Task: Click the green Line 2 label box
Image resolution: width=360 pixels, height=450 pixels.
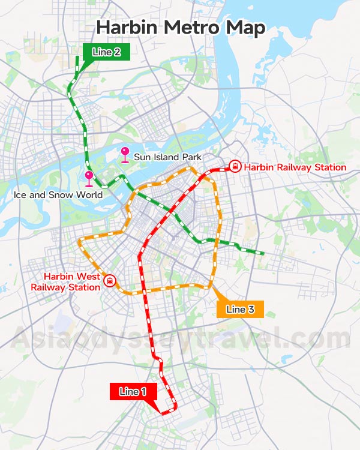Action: [x=106, y=52]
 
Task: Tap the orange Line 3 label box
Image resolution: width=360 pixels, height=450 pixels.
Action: [x=240, y=309]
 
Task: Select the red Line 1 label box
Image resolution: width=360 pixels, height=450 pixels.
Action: [x=133, y=392]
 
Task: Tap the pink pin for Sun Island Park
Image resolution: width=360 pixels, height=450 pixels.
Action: [x=125, y=154]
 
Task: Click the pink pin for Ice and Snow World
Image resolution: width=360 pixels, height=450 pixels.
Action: [x=89, y=178]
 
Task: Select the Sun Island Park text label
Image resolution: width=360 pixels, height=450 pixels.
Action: [x=167, y=157]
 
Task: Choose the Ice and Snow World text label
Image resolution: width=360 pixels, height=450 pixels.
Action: [x=58, y=195]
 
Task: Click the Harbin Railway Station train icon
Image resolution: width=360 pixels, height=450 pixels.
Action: [x=235, y=167]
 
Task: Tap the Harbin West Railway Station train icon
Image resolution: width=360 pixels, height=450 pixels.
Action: [x=110, y=280]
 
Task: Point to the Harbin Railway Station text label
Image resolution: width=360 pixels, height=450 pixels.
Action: [x=295, y=167]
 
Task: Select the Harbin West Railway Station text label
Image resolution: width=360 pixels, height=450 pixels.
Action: [x=66, y=282]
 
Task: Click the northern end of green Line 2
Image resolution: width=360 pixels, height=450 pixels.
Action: [x=77, y=58]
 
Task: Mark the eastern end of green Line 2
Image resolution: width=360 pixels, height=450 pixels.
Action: [x=263, y=254]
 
